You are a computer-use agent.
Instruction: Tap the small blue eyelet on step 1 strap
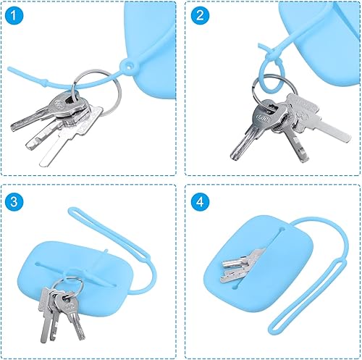pos(131,66)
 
